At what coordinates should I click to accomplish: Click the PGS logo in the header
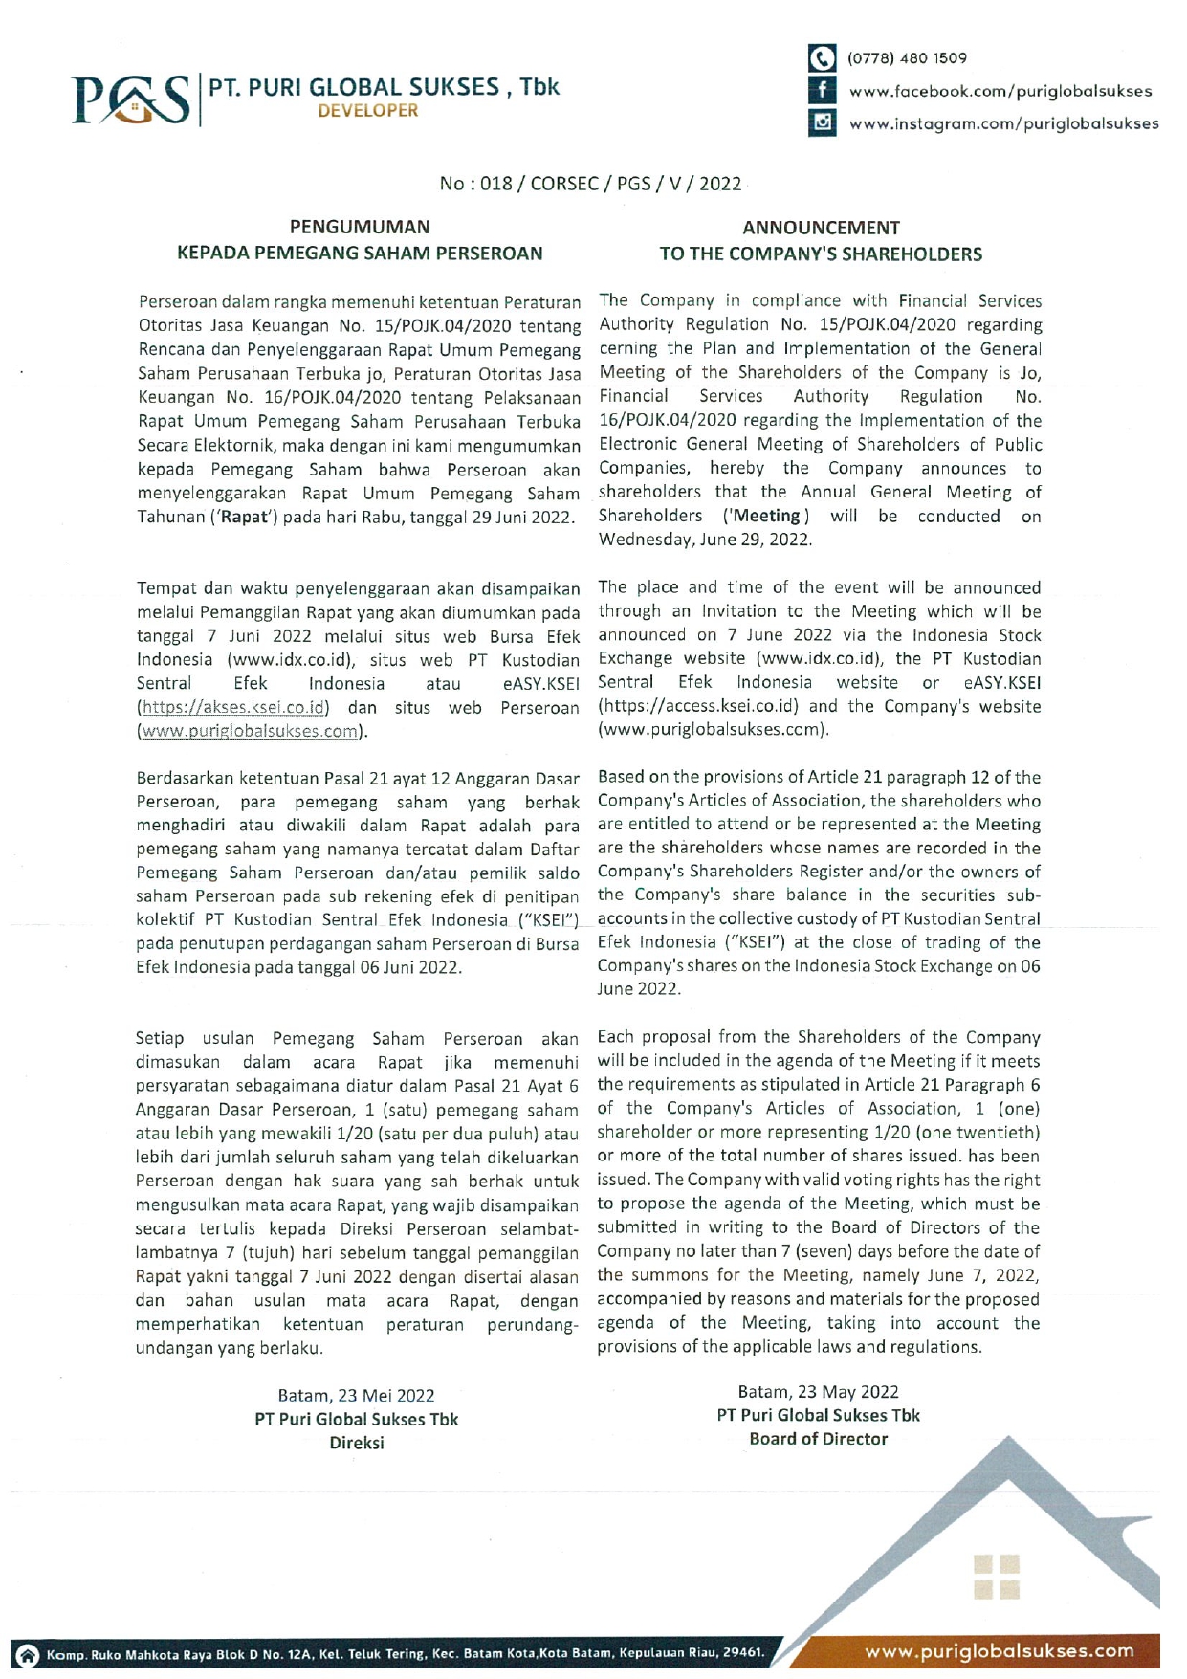131,99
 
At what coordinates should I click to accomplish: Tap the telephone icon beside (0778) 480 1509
822,58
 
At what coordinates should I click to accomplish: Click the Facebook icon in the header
822,91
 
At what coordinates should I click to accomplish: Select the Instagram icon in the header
822,122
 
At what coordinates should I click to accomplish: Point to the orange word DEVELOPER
368,111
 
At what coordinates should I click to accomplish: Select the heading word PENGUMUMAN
360,228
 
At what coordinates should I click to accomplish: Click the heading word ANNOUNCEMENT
821,228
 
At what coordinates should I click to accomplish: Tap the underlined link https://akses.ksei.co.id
235,708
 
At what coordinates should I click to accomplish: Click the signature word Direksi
357,1444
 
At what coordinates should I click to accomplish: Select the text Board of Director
819,1440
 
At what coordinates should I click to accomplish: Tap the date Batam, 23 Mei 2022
356,1396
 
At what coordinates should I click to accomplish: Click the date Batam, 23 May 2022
819,1392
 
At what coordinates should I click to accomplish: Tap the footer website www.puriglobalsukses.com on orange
1000,1651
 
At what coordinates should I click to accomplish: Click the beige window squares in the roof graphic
997,1577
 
